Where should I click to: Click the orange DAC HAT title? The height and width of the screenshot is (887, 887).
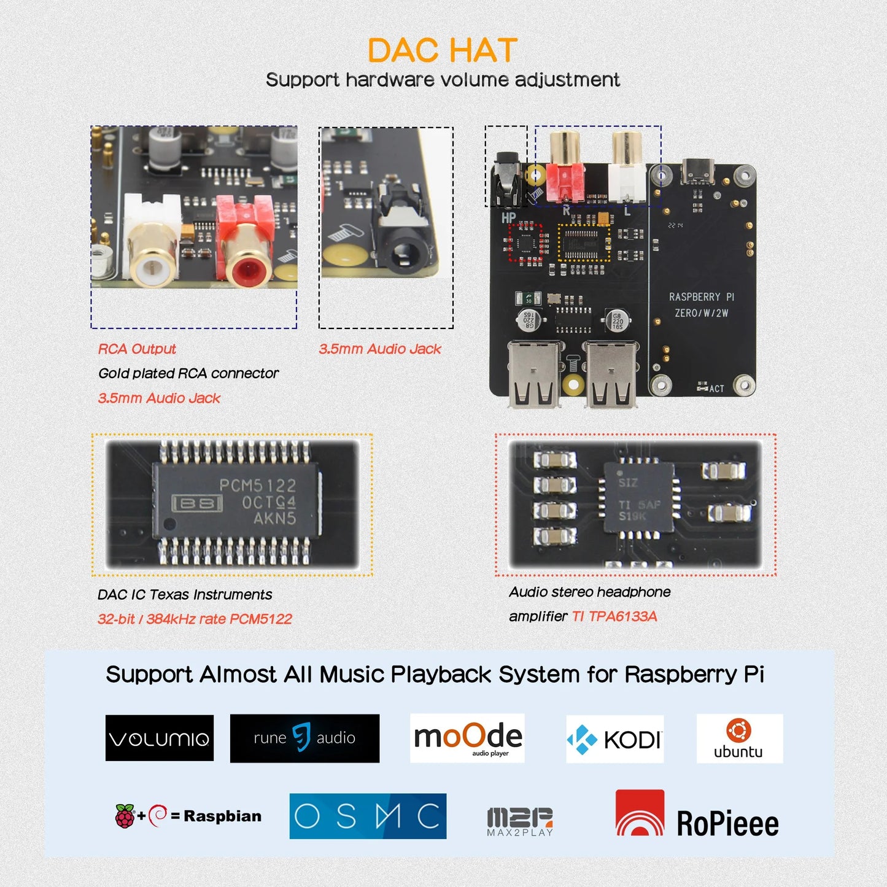442,50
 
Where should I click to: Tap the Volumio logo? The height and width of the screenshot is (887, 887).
160,738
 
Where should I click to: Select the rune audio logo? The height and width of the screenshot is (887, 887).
304,738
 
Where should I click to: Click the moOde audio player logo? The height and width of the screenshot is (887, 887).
468,737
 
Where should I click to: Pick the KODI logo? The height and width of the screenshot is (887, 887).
614,739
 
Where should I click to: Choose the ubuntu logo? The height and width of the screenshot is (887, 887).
739,738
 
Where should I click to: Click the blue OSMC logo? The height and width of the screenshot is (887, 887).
368,816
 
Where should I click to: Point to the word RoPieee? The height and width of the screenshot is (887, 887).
727,824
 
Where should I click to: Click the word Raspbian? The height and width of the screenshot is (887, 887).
222,816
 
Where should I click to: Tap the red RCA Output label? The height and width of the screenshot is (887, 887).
137,349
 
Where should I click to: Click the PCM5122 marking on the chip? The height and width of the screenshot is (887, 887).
258,485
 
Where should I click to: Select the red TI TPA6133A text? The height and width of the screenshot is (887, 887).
614,616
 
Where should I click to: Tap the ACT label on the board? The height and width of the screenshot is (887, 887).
716,389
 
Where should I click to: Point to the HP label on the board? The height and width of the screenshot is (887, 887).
508,217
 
